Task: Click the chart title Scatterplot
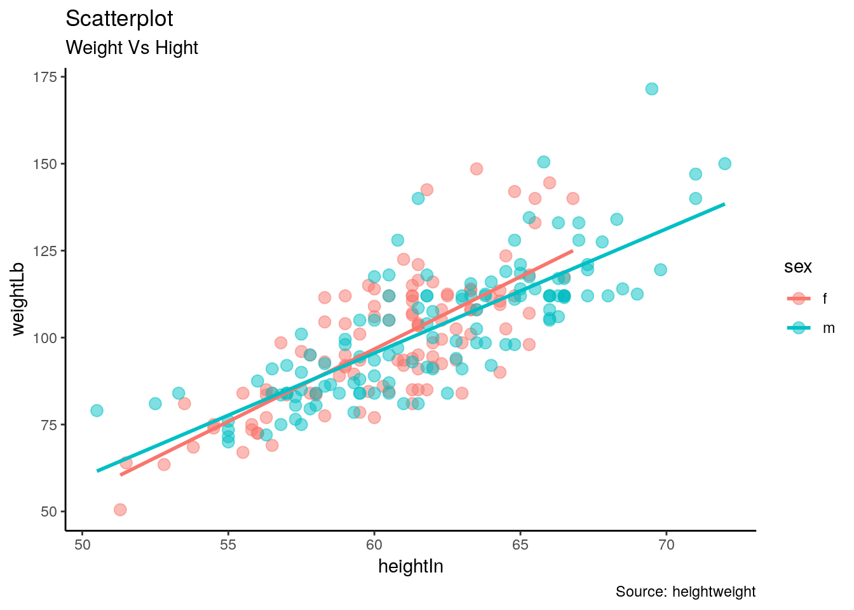119,19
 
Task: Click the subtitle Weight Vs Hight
132,48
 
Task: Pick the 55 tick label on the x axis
228,545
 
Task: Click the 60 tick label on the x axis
374,545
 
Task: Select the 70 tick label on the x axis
666,545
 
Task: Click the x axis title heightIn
410,566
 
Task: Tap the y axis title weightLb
18,299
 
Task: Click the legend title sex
797,267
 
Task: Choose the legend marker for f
799,299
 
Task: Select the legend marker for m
799,329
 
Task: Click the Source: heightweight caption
686,592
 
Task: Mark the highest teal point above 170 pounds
651,89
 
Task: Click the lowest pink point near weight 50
120,510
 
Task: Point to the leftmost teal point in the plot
97,410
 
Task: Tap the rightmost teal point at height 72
724,164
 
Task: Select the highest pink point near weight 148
477,169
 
